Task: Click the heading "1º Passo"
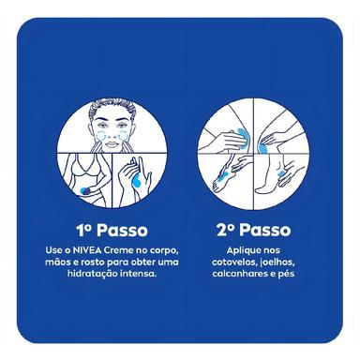(112, 231)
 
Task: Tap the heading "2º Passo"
(253, 231)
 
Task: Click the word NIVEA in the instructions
(87, 250)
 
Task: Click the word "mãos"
(57, 262)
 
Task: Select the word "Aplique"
(240, 251)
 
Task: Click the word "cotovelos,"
(234, 262)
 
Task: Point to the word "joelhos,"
(277, 262)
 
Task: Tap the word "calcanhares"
(239, 274)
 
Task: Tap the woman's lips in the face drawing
(112, 144)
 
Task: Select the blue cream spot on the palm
(137, 181)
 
